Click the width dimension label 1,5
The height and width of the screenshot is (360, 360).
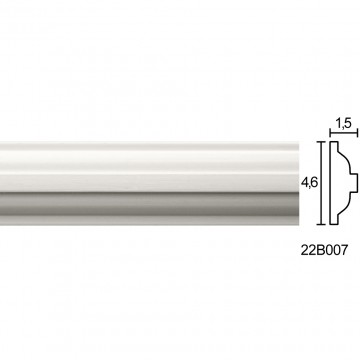tap(343, 124)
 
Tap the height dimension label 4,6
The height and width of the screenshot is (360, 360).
tap(309, 183)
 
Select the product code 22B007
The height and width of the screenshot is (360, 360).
tap(324, 250)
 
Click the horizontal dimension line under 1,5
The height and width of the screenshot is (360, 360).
tap(344, 133)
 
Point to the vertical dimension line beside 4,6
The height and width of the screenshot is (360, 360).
tap(321, 183)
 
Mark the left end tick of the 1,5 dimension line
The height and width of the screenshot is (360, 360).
tap(330, 133)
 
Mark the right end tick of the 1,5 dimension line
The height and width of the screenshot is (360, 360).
tap(358, 133)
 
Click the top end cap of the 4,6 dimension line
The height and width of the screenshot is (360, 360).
tap(321, 142)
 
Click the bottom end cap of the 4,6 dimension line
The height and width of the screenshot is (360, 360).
tap(321, 224)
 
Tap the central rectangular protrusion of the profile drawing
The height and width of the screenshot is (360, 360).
tap(354, 183)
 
